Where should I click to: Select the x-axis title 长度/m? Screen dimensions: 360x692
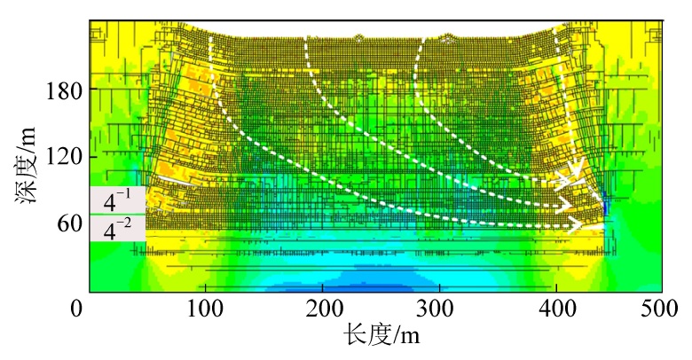click(381, 336)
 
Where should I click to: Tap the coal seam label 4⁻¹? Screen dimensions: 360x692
click(117, 200)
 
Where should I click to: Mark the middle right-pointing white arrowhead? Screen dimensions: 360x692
click(569, 206)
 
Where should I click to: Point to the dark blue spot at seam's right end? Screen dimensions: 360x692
click(606, 208)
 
